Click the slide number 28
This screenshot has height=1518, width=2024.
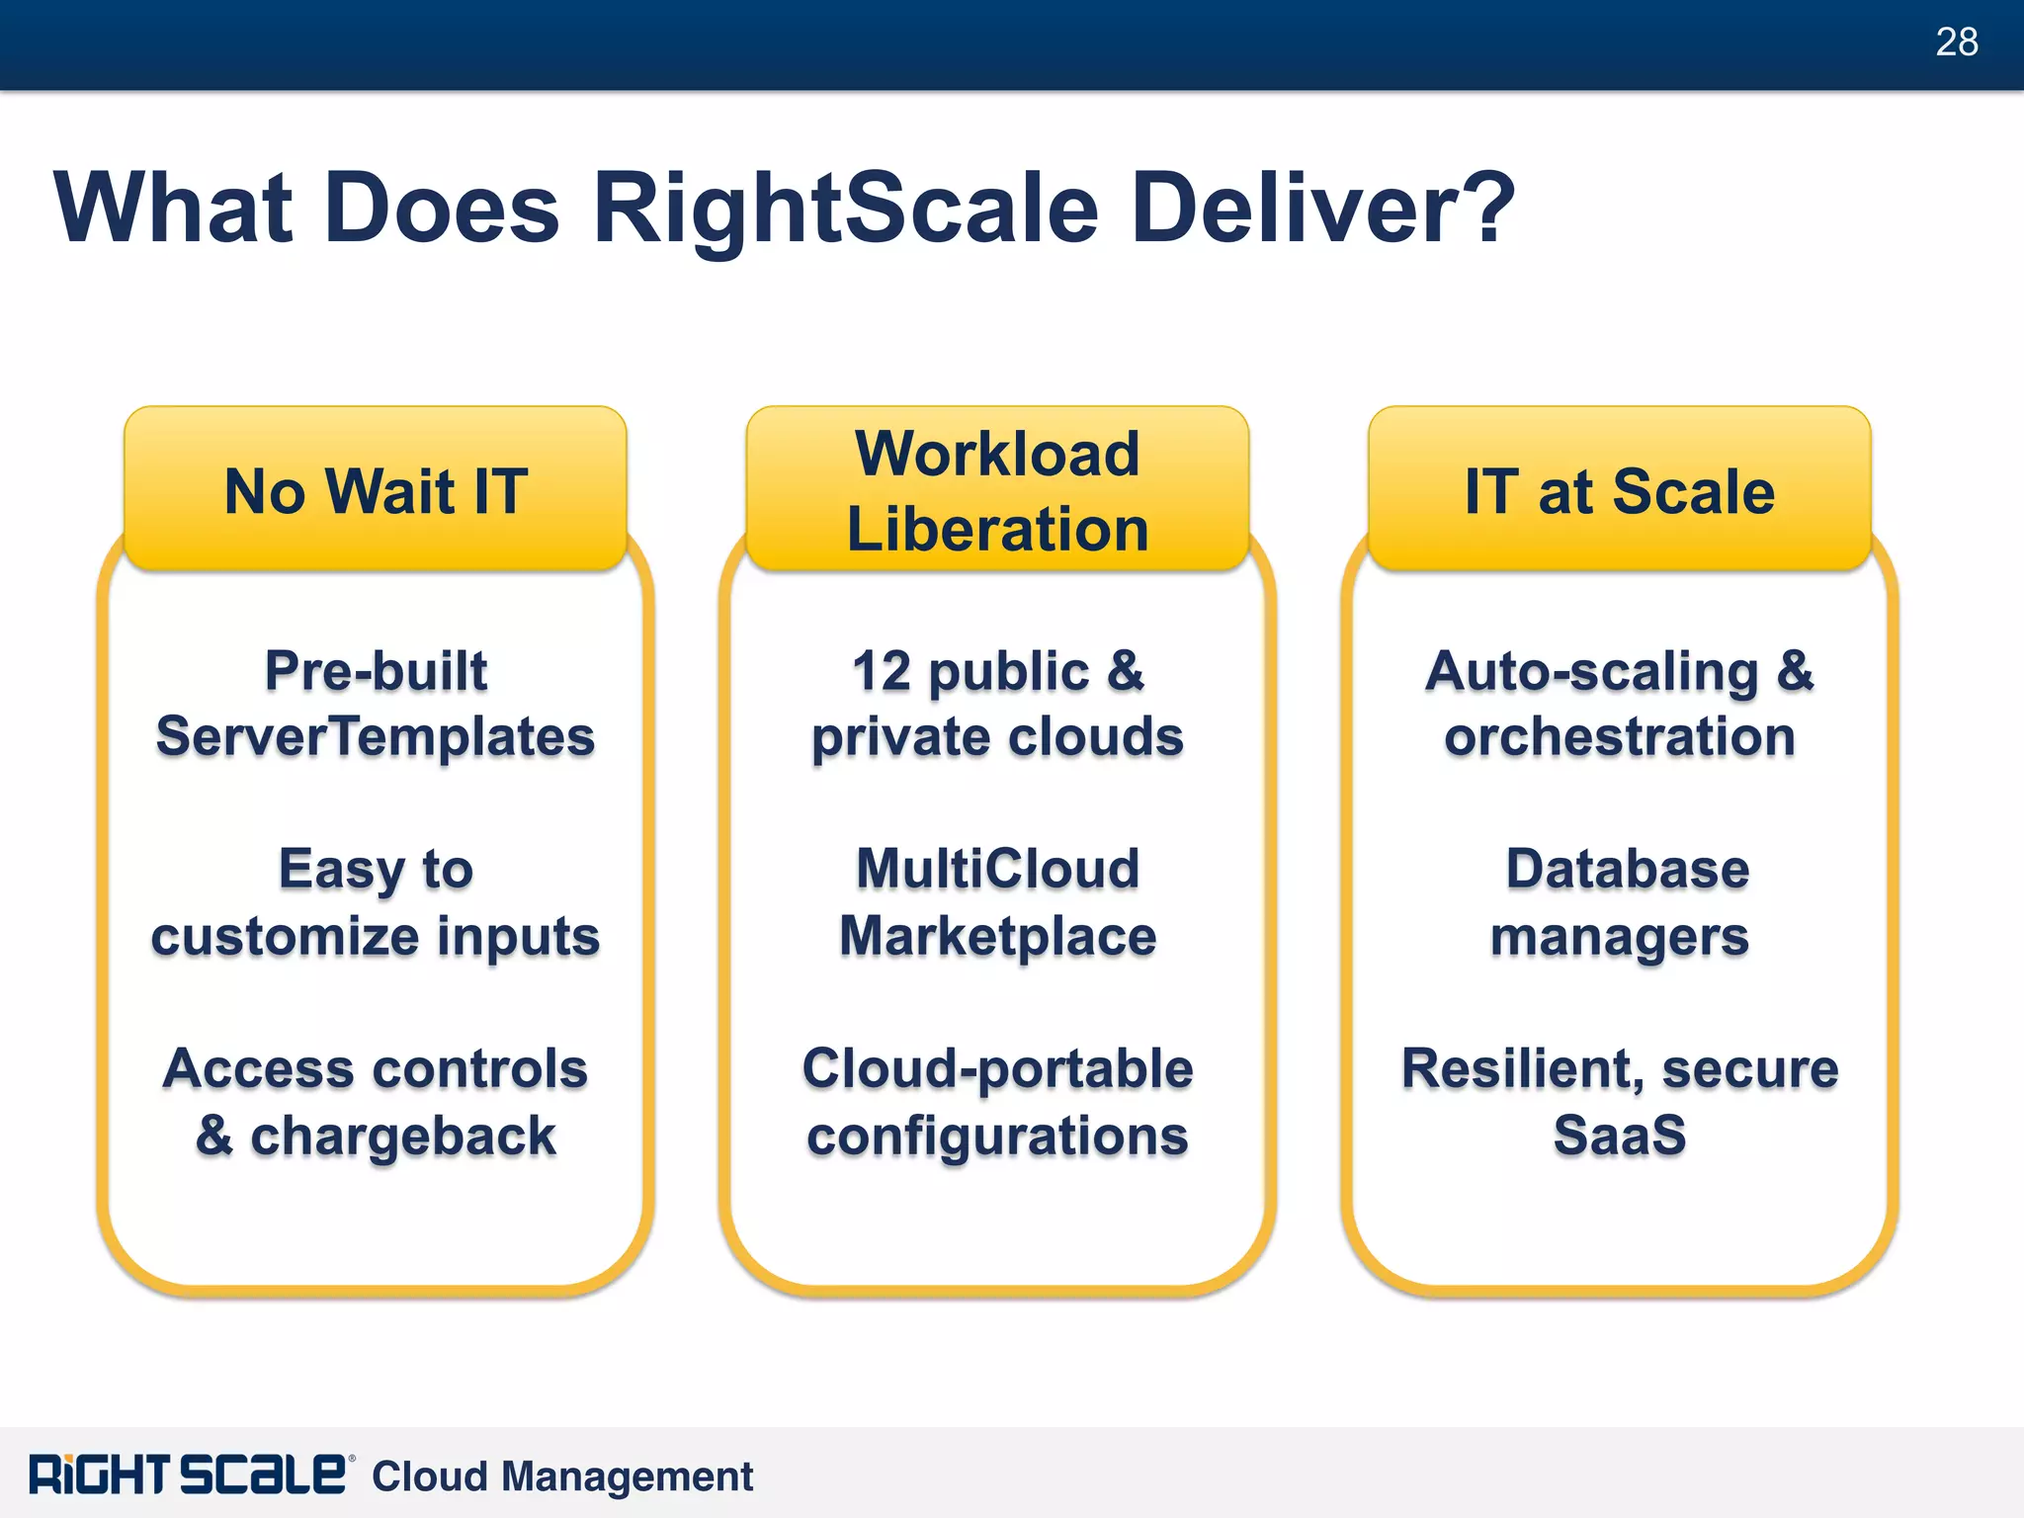(x=1956, y=42)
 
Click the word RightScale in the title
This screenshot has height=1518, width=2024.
(x=845, y=208)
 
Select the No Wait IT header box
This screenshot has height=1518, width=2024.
(x=376, y=490)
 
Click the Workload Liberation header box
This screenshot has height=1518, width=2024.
(x=997, y=490)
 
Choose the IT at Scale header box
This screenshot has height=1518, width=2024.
(x=1619, y=490)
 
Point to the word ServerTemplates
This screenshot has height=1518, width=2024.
(x=376, y=737)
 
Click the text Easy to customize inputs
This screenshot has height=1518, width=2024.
(x=376, y=902)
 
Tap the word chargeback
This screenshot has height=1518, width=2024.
(x=403, y=1137)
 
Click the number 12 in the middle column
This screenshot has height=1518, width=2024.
(x=881, y=672)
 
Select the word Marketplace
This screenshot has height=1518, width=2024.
(x=997, y=936)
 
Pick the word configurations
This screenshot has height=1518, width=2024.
(x=997, y=1137)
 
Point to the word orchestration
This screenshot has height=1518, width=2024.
(x=1619, y=737)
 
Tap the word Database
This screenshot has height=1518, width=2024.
(x=1627, y=870)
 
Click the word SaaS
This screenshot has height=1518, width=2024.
(x=1619, y=1135)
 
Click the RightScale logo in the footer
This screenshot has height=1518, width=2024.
(x=188, y=1475)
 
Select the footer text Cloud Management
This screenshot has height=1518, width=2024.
(x=561, y=1476)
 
